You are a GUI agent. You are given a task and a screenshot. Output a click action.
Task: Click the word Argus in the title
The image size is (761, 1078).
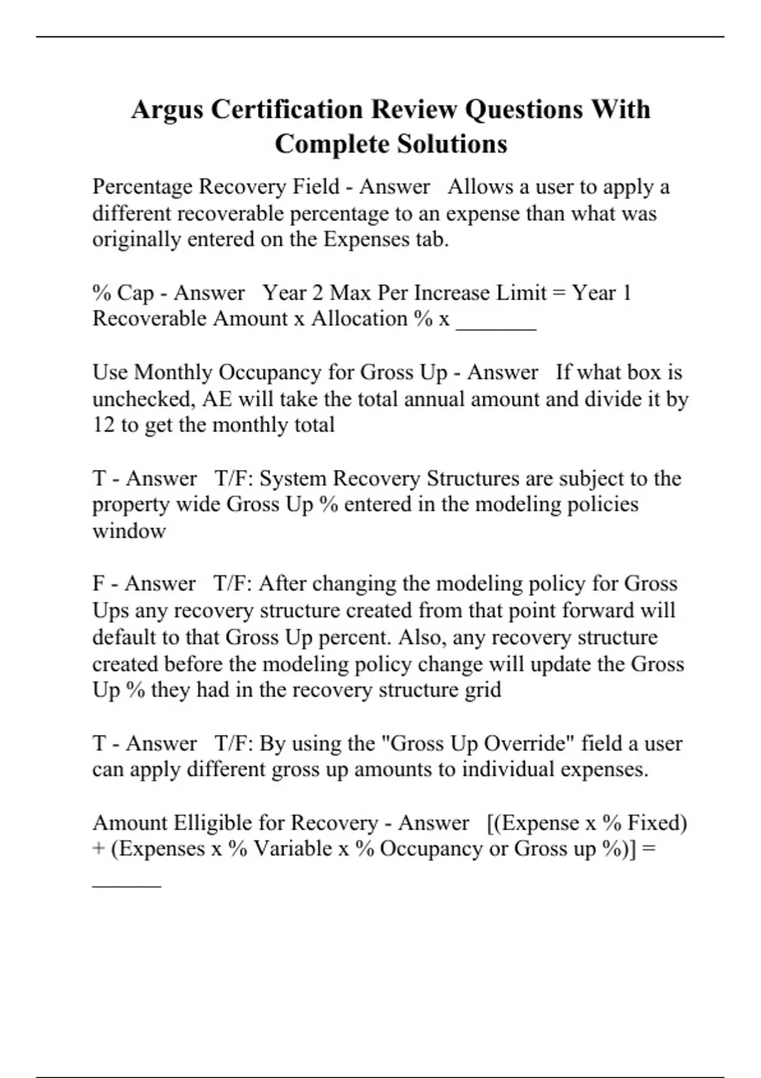[167, 110]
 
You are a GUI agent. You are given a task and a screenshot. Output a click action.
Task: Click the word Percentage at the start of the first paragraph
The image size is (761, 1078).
[143, 187]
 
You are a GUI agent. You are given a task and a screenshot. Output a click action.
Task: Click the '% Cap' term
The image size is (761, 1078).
[123, 293]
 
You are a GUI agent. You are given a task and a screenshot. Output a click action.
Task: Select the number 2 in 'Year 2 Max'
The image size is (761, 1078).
[317, 293]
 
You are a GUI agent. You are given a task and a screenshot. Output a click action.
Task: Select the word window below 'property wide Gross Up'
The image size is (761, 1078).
[129, 531]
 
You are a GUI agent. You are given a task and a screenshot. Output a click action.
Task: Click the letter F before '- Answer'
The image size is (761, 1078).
[98, 583]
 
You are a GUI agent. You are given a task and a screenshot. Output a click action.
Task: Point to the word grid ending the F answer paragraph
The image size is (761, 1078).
[483, 690]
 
